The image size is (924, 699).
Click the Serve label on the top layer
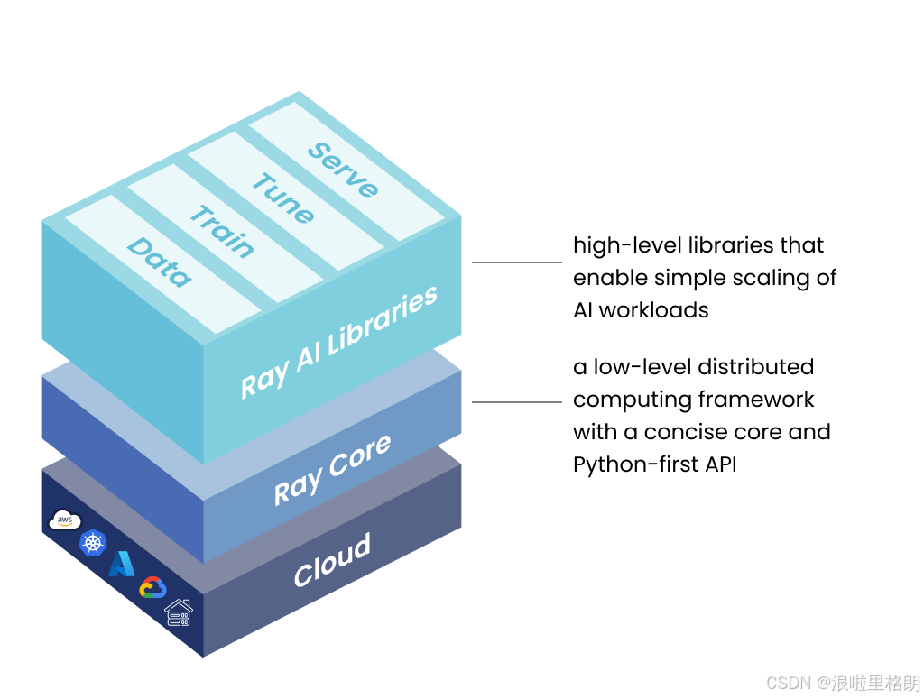343,170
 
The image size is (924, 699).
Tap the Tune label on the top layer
282,198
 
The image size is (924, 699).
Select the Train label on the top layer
221,231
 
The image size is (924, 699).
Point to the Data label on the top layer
159,262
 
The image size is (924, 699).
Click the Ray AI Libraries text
339,343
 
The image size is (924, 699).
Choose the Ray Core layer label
332,469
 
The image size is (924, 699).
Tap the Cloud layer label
332,560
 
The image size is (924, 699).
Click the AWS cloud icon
65,520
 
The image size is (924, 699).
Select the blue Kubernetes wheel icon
93,543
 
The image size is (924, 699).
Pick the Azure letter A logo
122,564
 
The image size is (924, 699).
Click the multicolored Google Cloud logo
152,588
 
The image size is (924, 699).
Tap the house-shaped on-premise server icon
179,612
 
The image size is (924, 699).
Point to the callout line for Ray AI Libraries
517,262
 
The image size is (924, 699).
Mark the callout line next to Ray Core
517,402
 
